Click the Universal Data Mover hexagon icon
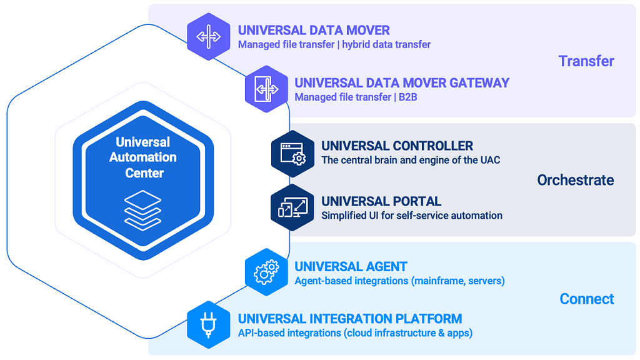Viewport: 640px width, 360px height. point(209,36)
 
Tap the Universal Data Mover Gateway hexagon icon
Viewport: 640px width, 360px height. point(266,89)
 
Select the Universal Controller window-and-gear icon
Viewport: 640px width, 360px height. point(292,154)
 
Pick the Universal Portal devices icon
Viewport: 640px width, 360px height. point(292,207)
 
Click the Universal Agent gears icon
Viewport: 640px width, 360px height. point(266,272)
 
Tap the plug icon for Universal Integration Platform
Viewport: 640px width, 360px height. point(209,324)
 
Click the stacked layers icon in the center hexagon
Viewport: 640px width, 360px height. point(143,210)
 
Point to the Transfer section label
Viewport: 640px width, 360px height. point(586,61)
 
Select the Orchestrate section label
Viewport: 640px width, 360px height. point(576,180)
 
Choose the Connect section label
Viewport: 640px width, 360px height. point(586,299)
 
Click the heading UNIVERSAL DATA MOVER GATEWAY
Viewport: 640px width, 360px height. point(402,83)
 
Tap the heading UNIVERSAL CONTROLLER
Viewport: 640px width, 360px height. point(397,146)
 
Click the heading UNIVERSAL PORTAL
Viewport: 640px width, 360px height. point(381,201)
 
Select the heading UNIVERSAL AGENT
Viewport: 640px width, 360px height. point(351,266)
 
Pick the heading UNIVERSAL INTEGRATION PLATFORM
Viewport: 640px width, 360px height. point(350,319)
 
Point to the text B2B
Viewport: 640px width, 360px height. point(407,97)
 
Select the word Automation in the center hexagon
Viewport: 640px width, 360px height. point(143,157)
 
